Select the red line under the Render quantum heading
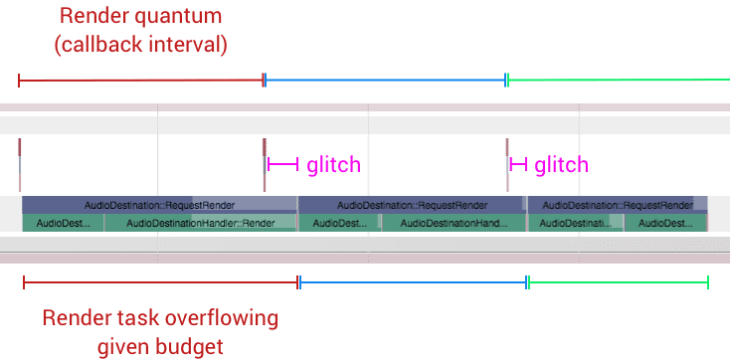click(x=140, y=80)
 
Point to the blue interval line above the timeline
click(x=385, y=80)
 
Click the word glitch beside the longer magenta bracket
click(x=333, y=164)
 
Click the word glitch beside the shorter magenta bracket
click(x=561, y=164)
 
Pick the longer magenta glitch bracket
click(x=282, y=163)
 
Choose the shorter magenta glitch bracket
click(x=518, y=163)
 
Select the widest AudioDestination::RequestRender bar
click(x=159, y=205)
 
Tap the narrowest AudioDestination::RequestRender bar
click(x=617, y=205)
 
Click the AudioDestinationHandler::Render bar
click(x=200, y=223)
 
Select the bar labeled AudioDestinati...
click(x=576, y=223)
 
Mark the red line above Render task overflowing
click(x=160, y=283)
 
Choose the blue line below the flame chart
click(x=413, y=283)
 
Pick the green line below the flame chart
click(x=618, y=283)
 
